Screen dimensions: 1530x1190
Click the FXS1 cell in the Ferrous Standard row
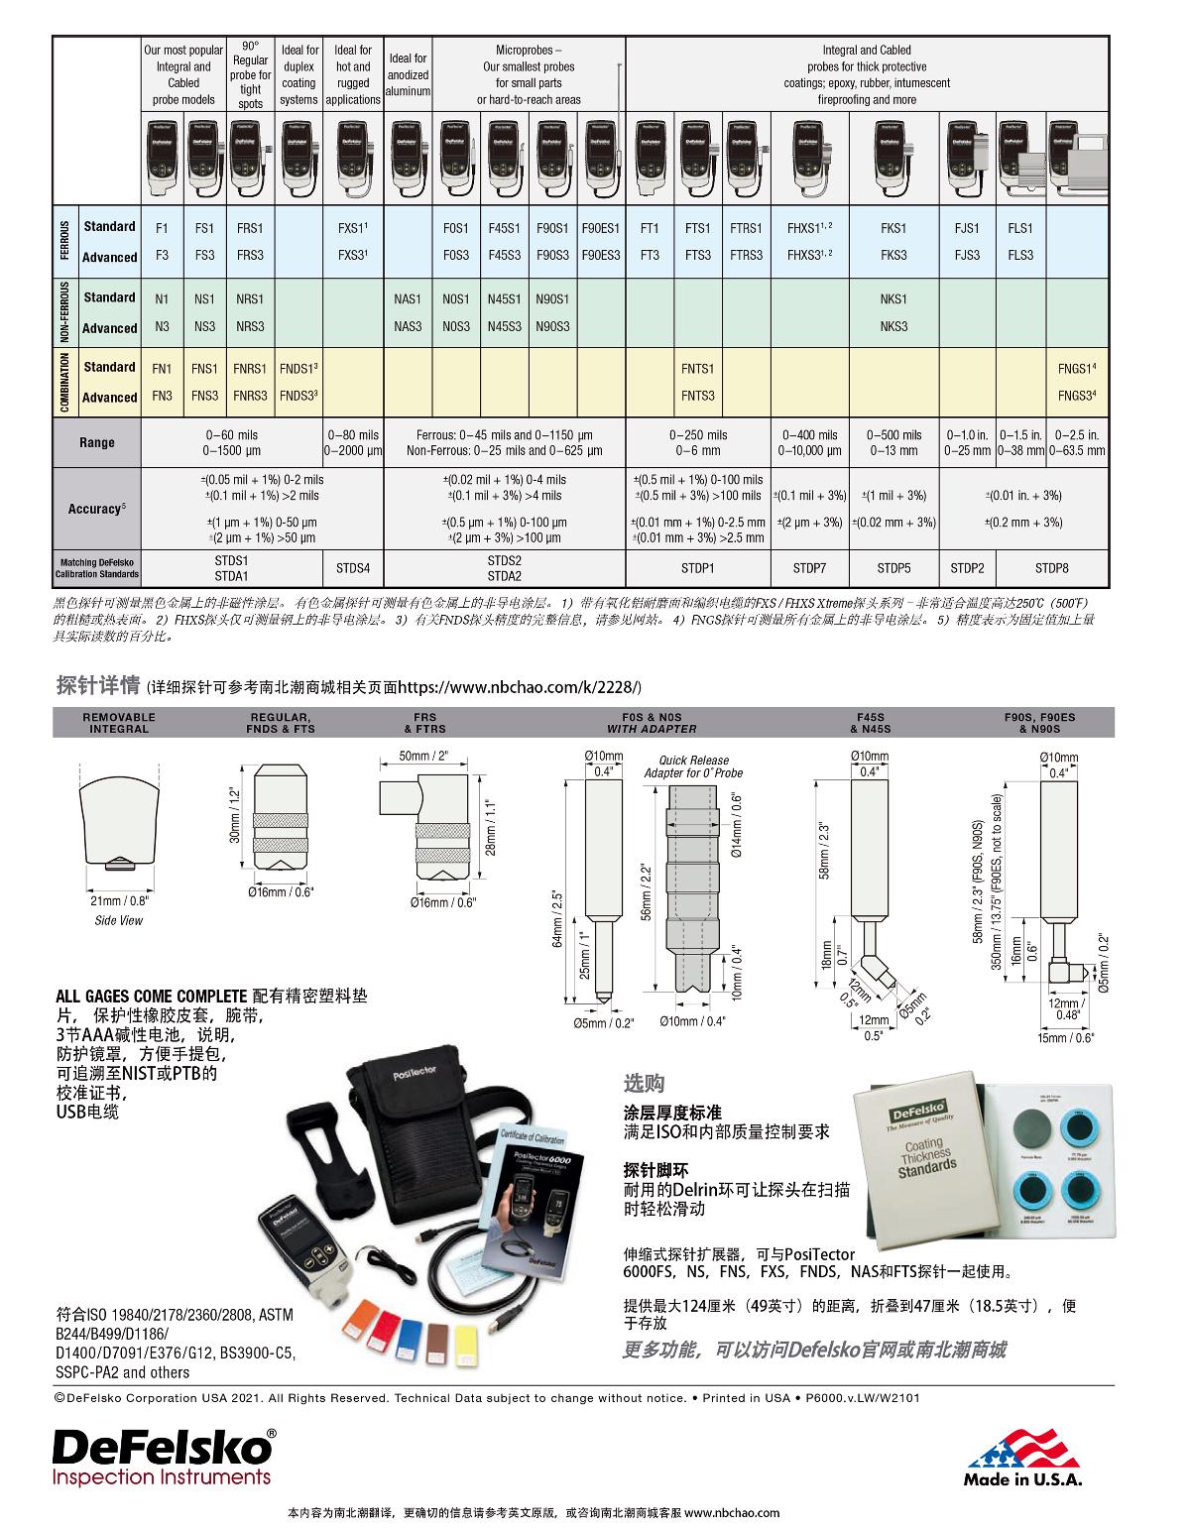tap(352, 228)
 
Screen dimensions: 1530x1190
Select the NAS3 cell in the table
tap(407, 326)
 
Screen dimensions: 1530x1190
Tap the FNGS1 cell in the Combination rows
tap(1076, 368)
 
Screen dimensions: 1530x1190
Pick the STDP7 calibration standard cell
tap(809, 568)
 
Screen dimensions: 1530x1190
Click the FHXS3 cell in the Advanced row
tap(809, 255)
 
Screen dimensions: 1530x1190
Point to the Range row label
tap(96, 442)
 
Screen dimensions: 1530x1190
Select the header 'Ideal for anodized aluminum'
tap(408, 74)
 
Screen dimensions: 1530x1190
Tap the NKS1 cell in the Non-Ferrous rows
tap(892, 298)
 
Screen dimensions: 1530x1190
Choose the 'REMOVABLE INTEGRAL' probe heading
tap(119, 722)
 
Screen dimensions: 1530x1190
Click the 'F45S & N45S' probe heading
tap(870, 722)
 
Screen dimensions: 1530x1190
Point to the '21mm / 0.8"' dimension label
tap(118, 901)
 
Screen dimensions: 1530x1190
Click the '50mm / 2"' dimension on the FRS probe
tap(423, 756)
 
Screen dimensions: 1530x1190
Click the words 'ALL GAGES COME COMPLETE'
tap(151, 996)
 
